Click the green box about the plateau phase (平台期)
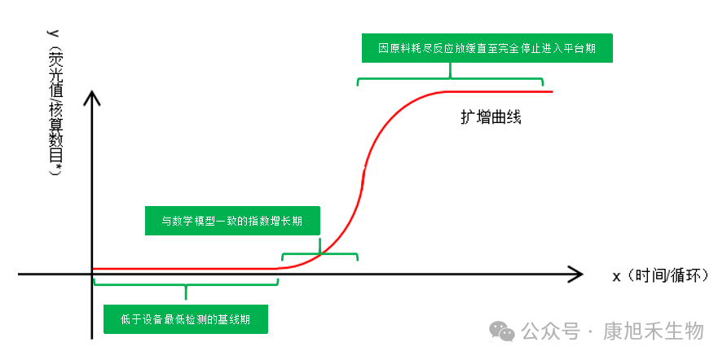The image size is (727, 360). pyautogui.click(x=487, y=48)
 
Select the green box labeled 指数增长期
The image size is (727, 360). pyautogui.click(x=232, y=220)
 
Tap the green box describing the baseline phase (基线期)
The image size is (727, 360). pyautogui.click(x=185, y=318)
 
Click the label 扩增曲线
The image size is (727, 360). pyautogui.click(x=490, y=116)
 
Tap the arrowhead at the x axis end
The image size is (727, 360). pyautogui.click(x=576, y=274)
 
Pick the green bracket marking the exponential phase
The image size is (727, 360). pyautogui.click(x=319, y=253)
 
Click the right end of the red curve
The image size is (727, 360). pyautogui.click(x=551, y=91)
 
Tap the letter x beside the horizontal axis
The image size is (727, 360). pyautogui.click(x=617, y=275)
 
